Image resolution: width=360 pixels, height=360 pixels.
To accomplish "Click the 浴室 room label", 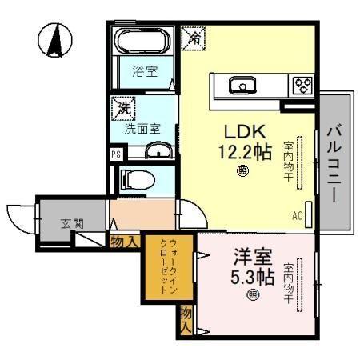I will click(145, 72).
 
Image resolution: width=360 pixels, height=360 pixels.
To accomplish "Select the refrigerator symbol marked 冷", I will click(194, 36).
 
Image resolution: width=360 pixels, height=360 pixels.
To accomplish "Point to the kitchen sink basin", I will click(240, 82).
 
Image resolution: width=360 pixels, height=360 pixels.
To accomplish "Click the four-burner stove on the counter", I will click(302, 83).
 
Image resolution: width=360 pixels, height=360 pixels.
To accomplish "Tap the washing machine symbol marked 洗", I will click(124, 107).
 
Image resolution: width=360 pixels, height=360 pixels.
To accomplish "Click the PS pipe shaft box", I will click(116, 154).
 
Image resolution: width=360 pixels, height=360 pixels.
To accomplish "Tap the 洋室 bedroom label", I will click(252, 258).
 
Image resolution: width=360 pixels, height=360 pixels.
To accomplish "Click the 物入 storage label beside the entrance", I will click(125, 240).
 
